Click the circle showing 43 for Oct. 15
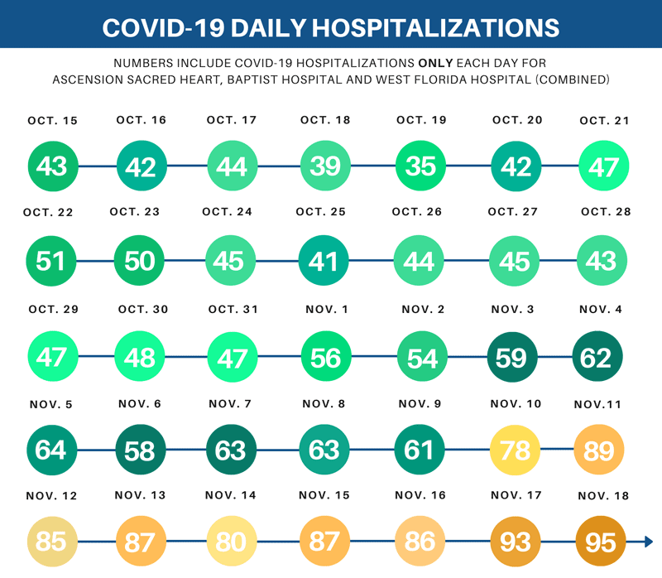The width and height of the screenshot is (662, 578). tap(52, 166)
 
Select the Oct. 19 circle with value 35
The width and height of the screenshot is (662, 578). tap(420, 166)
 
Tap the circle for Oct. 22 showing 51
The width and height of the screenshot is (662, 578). tap(51, 261)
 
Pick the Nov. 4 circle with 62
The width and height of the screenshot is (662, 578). tap(597, 357)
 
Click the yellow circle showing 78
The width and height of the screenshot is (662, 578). tap(516, 450)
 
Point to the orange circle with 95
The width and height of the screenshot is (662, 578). tap(600, 542)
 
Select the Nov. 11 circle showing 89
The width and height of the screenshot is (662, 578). tap(599, 450)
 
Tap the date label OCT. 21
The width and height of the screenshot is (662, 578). tap(605, 121)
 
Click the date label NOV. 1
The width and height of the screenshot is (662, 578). tap(325, 310)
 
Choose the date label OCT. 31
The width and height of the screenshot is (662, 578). tap(233, 310)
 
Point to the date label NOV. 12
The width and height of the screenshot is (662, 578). tap(52, 496)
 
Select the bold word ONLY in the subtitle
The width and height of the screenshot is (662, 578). tap(434, 63)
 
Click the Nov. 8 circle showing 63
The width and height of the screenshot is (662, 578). tap(324, 450)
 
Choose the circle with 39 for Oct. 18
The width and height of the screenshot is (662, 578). tap(325, 166)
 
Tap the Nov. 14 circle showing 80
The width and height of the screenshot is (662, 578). tap(231, 542)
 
